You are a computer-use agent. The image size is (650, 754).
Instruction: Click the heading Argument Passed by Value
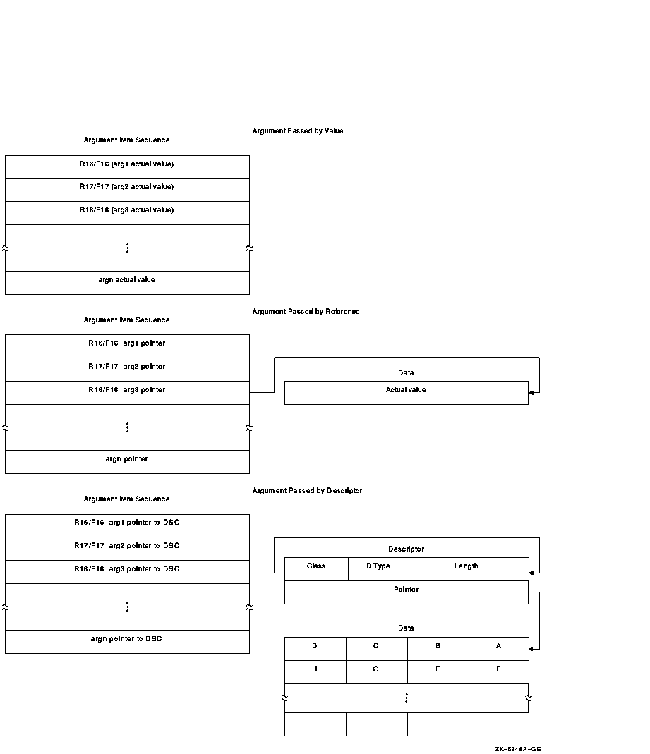(297, 131)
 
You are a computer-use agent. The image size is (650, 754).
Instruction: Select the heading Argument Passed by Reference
(306, 312)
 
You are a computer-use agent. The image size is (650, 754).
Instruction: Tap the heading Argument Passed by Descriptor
(307, 491)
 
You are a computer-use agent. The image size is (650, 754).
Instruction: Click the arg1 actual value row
(127, 164)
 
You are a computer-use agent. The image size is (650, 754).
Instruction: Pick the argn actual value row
(127, 280)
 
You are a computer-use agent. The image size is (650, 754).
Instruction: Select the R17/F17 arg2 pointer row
(127, 367)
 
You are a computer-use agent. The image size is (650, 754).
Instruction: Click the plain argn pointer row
(127, 459)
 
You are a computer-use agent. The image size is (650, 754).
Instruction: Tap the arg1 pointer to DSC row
(127, 523)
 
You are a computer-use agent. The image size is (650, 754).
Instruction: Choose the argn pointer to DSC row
(127, 639)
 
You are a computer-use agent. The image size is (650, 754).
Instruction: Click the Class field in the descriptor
(316, 566)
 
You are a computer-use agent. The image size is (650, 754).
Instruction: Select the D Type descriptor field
(378, 566)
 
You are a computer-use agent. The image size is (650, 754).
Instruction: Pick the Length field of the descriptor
(467, 566)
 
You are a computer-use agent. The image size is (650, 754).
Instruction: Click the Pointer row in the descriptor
(406, 590)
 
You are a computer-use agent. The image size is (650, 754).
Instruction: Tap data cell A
(498, 646)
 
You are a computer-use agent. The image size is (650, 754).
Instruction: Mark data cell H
(315, 669)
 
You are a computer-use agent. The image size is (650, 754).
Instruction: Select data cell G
(376, 669)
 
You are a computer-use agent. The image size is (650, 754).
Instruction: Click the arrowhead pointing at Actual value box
(531, 393)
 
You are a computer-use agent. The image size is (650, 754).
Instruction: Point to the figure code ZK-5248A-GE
(518, 749)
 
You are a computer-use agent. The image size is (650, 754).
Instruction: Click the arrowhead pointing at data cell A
(531, 648)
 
